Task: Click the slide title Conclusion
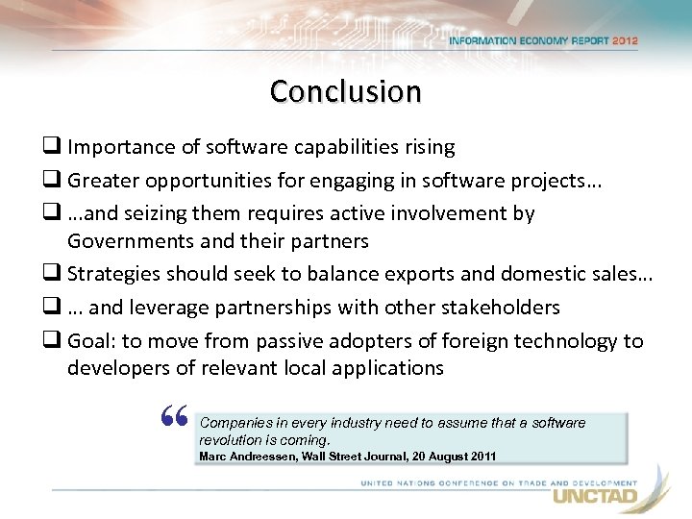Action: click(x=345, y=91)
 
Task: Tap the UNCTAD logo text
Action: click(x=593, y=496)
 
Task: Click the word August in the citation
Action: click(x=427, y=456)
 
